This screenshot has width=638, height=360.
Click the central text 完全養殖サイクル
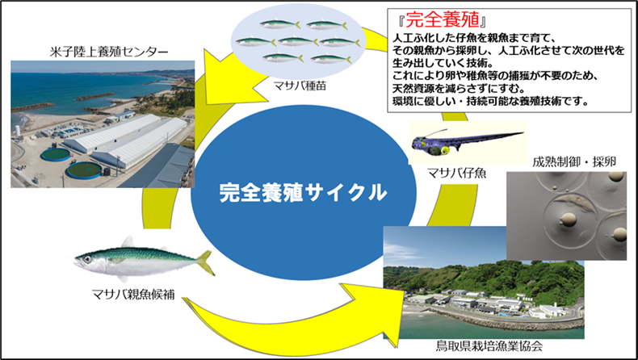304,194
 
